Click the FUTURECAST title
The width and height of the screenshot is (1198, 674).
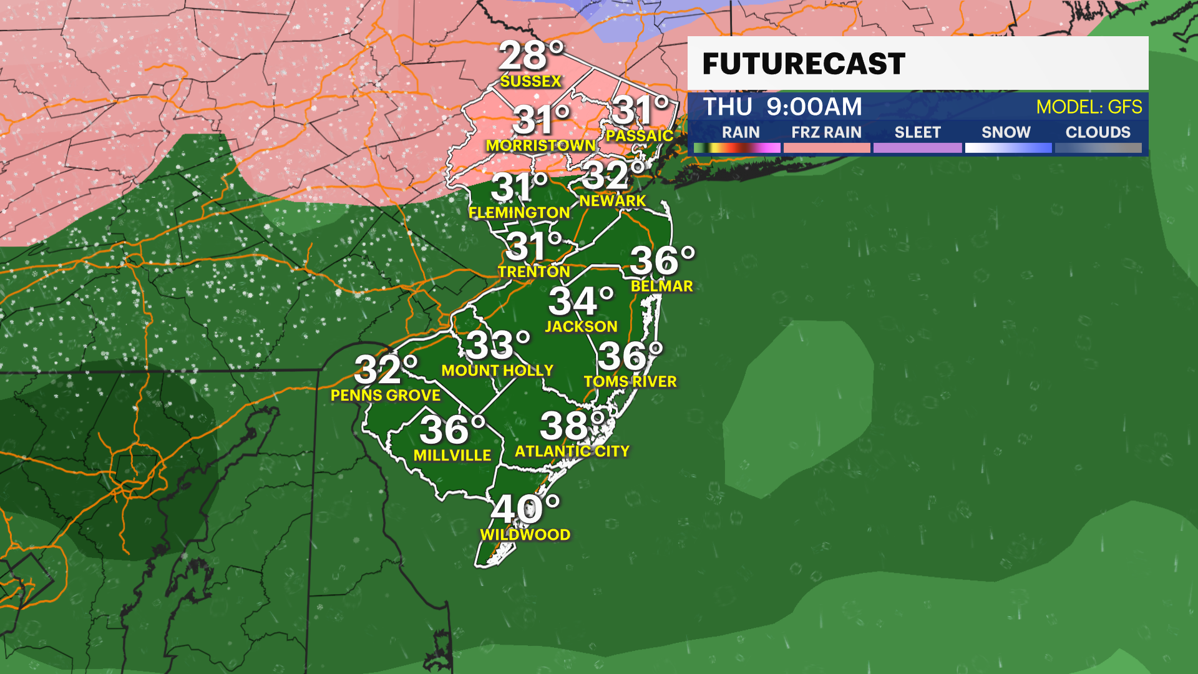click(804, 64)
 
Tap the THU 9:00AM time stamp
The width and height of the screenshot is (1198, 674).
click(782, 107)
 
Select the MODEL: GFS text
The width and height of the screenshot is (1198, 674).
click(1089, 107)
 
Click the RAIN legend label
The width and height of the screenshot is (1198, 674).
click(741, 132)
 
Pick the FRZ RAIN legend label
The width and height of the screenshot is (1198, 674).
click(826, 132)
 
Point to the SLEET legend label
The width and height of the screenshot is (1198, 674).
click(917, 132)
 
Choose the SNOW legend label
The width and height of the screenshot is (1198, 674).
click(1006, 132)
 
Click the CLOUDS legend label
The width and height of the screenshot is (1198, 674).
click(1098, 132)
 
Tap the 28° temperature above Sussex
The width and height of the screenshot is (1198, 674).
click(530, 56)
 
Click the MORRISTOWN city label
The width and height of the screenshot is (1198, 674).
click(540, 145)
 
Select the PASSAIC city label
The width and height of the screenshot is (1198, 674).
click(639, 135)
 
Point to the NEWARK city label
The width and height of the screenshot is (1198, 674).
click(612, 201)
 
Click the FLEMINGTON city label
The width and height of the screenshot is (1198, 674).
click(519, 213)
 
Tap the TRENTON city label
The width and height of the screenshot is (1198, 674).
click(533, 272)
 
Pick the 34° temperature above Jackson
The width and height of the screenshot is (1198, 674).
click(581, 302)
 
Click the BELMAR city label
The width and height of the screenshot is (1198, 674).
click(661, 286)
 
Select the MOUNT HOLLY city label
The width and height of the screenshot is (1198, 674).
click(497, 371)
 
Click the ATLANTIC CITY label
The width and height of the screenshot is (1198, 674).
click(572, 451)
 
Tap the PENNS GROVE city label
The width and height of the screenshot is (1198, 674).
click(386, 396)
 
